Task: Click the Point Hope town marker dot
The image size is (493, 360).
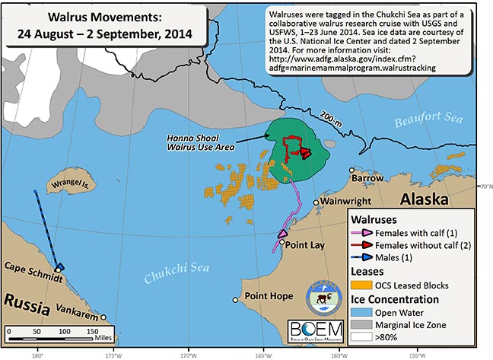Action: pyautogui.click(x=235, y=300)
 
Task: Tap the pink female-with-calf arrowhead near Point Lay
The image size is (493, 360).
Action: pyautogui.click(x=282, y=234)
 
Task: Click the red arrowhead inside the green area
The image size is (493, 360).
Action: pyautogui.click(x=306, y=153)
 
